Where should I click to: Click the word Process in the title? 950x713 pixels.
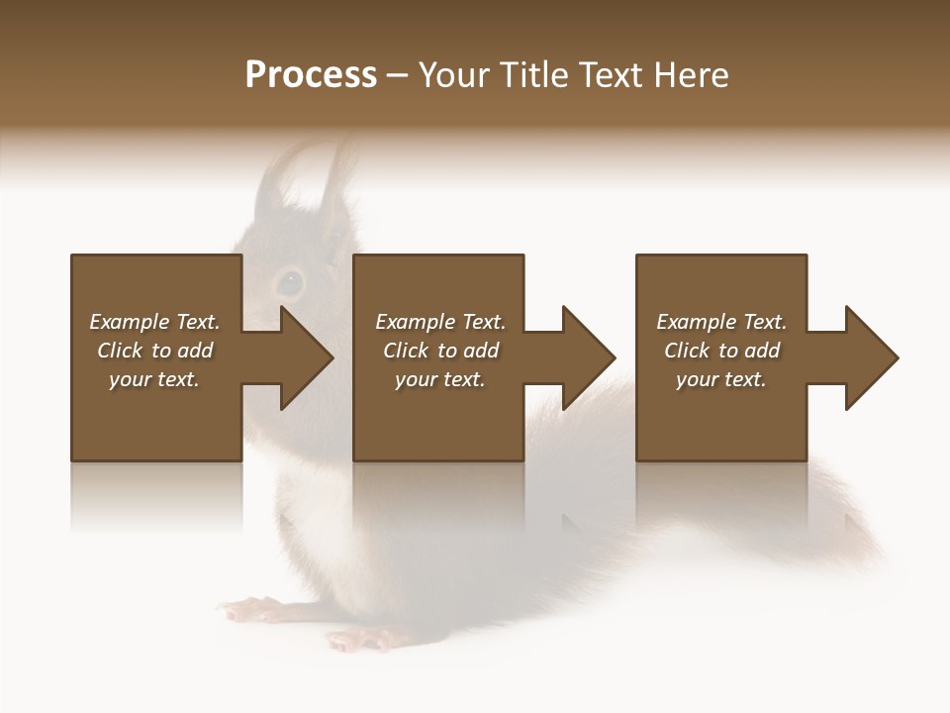point(311,75)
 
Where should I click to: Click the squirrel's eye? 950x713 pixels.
point(289,282)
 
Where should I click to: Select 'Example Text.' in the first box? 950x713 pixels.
point(154,322)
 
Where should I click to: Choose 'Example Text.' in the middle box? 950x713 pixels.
point(439,322)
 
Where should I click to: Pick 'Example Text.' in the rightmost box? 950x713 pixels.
point(721,322)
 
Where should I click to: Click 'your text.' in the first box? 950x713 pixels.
point(154,379)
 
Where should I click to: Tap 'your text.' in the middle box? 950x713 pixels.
point(439,379)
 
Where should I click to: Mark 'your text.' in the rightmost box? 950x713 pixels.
point(721,379)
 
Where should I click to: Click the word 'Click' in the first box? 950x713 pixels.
point(120,351)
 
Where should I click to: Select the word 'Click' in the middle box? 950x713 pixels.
point(406,351)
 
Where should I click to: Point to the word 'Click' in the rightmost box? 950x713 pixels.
point(687,351)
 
